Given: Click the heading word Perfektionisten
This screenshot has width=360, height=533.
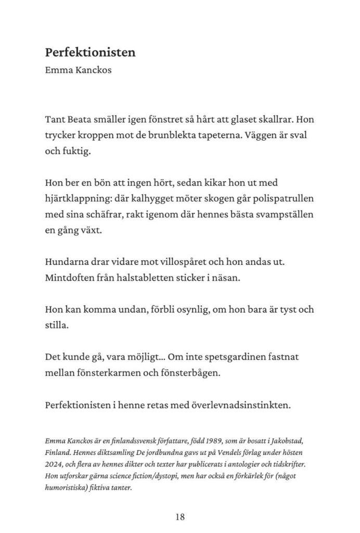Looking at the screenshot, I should pos(90,53).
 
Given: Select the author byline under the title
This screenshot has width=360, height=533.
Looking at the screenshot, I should pos(78,69).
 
